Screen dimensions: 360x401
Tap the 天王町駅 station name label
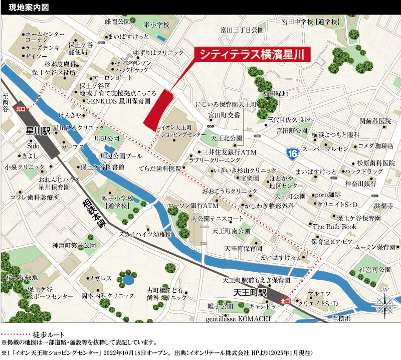(x=251, y=292)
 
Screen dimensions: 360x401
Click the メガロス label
(x=100, y=278)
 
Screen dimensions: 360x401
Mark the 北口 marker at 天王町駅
(x=285, y=301)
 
